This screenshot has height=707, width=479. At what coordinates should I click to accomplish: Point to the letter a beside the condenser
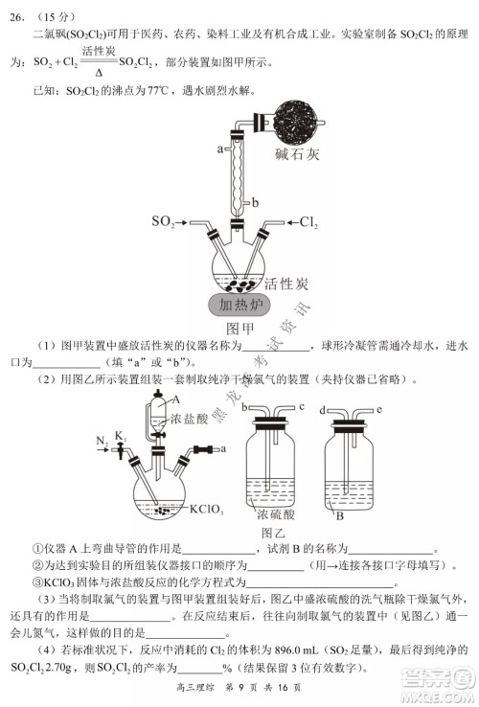220,148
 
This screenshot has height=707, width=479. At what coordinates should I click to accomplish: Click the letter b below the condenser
255,202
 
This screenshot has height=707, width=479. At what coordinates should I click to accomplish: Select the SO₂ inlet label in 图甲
164,222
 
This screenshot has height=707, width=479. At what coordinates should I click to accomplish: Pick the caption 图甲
235,331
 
